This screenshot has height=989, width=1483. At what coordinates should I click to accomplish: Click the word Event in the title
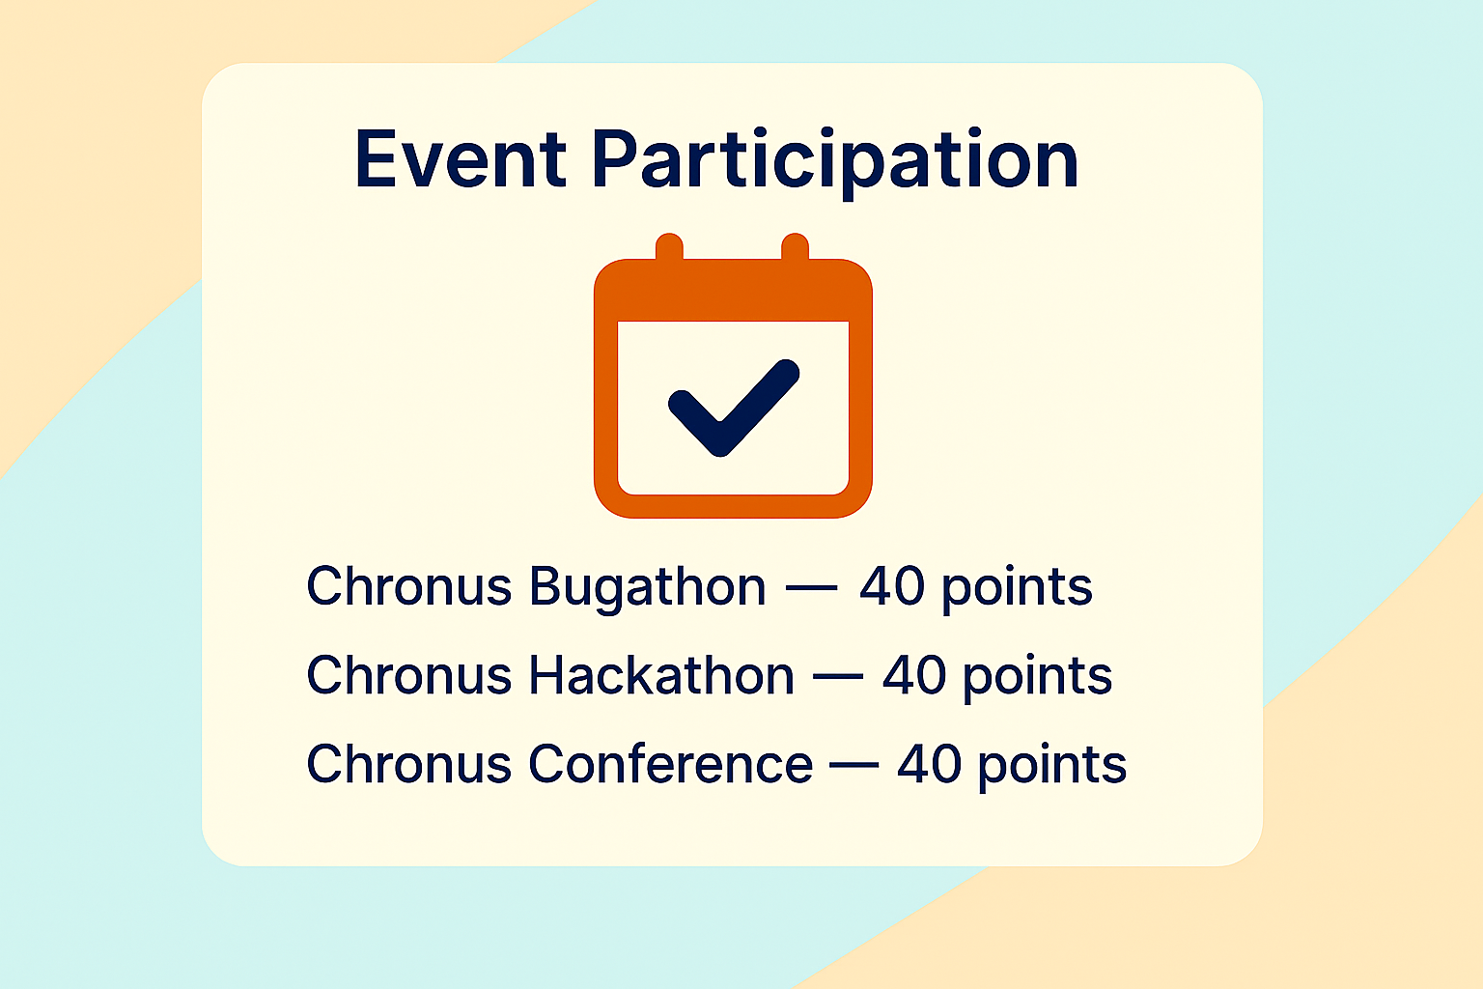(461, 159)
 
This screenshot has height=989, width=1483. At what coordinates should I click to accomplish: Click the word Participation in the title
(835, 163)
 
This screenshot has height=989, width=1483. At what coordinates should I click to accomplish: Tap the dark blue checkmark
(734, 408)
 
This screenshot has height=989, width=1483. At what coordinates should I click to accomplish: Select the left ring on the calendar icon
(669, 247)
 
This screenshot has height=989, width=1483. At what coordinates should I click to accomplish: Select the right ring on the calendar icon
(796, 247)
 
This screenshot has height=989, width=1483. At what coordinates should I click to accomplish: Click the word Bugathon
(648, 587)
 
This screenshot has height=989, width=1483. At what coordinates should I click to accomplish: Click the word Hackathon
(661, 675)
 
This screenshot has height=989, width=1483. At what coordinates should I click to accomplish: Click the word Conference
(671, 764)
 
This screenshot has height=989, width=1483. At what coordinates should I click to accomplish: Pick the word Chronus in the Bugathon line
(408, 585)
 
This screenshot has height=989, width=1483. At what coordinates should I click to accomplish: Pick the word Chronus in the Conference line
(408, 763)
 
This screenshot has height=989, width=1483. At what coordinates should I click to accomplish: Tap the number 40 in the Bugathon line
(892, 586)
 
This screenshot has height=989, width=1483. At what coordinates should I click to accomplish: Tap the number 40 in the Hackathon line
(914, 675)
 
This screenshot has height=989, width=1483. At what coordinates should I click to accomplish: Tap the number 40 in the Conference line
(930, 764)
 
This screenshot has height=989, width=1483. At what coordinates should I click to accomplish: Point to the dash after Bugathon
(812, 587)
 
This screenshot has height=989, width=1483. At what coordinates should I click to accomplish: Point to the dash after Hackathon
(837, 676)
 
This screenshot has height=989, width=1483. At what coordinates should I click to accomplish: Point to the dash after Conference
(854, 765)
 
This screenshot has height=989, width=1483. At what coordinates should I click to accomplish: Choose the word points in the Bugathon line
(1017, 589)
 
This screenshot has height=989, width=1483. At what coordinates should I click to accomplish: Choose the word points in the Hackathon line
(1038, 678)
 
